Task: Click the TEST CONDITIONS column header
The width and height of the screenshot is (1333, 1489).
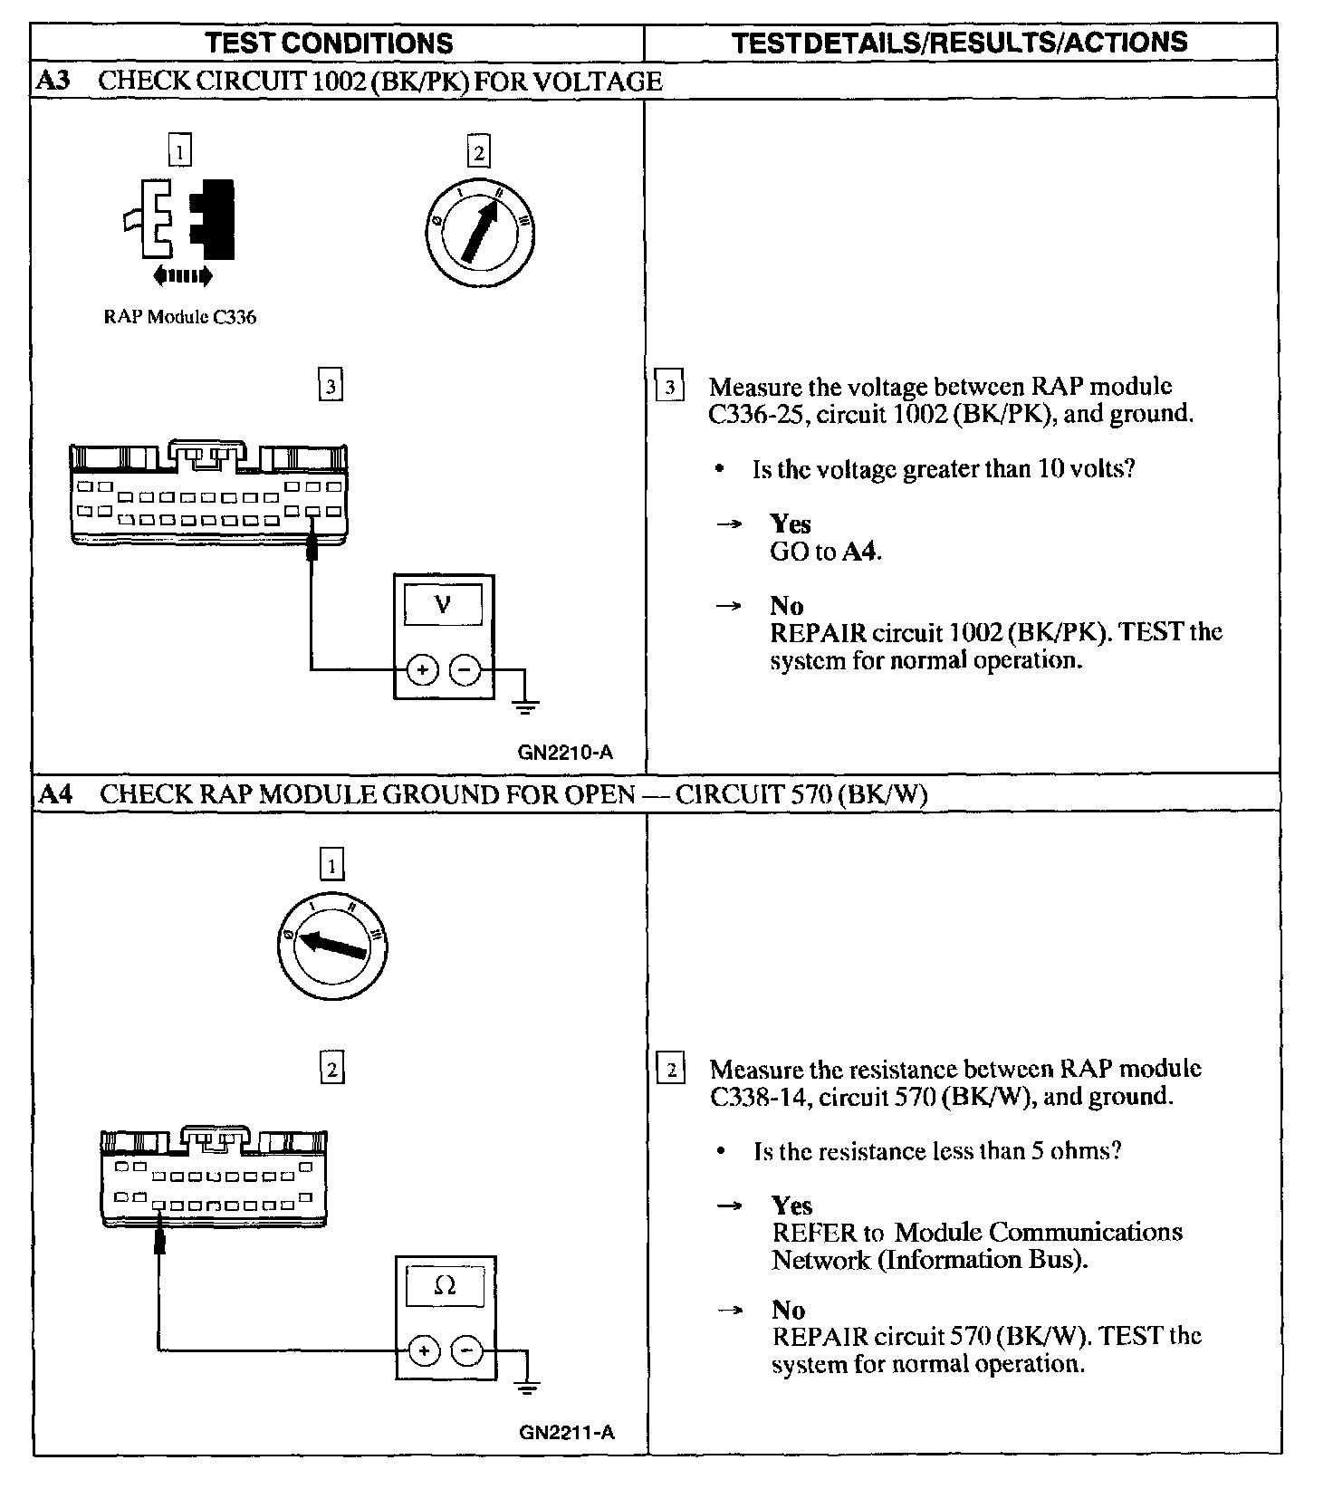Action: pyautogui.click(x=329, y=43)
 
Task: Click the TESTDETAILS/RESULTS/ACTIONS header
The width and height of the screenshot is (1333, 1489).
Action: pyautogui.click(x=959, y=42)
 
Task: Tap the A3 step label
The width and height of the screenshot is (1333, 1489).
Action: pyautogui.click(x=53, y=81)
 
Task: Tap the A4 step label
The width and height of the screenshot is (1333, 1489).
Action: pyautogui.click(x=54, y=794)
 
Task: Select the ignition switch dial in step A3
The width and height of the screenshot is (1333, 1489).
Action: pyautogui.click(x=478, y=226)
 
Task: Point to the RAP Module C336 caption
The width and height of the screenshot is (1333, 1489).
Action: pyautogui.click(x=179, y=317)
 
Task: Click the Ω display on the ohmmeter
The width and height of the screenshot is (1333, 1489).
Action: pyautogui.click(x=445, y=1286)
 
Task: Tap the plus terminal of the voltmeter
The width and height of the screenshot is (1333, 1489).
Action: pyautogui.click(x=422, y=670)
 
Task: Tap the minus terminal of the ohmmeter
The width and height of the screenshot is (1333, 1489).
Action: pyautogui.click(x=466, y=1351)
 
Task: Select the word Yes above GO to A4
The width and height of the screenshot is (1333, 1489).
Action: pyautogui.click(x=790, y=524)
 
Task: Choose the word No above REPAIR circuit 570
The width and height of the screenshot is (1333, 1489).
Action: pyautogui.click(x=788, y=1310)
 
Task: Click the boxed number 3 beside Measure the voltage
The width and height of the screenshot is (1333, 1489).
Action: pyautogui.click(x=669, y=388)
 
